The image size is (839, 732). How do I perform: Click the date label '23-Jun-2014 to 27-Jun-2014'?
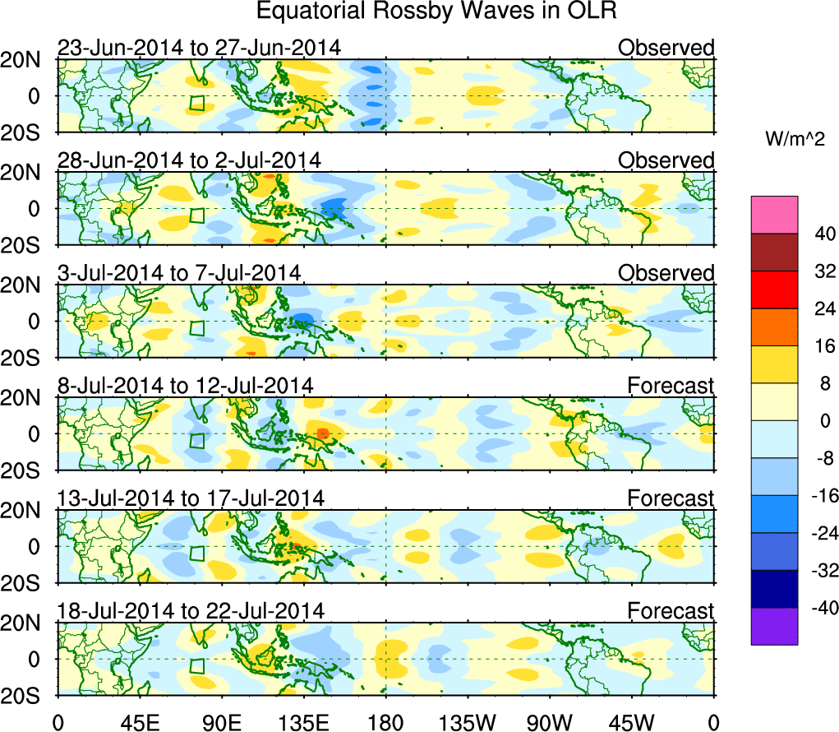click(199, 48)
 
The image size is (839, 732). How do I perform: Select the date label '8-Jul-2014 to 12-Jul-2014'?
click(185, 385)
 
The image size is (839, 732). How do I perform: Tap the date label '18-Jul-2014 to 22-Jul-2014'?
click(191, 610)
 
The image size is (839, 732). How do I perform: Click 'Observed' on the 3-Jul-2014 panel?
click(666, 273)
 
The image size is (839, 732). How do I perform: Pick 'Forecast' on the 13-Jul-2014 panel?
click(671, 498)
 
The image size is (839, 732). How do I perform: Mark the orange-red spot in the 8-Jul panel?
click(323, 433)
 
